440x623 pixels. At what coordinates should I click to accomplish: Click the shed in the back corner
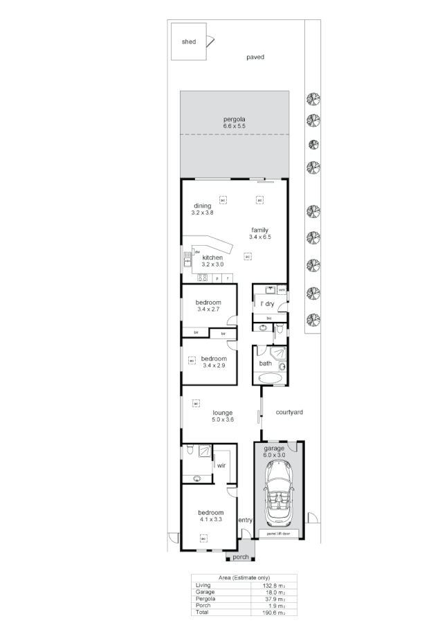[189, 42]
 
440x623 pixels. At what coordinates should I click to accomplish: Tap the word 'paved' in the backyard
[255, 57]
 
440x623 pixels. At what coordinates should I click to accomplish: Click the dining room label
[202, 206]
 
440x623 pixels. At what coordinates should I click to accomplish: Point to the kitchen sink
[187, 259]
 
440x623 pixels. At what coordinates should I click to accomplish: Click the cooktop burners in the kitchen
[203, 278]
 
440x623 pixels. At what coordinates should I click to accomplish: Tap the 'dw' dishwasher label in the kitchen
[197, 252]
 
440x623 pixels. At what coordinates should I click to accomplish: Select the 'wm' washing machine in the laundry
[282, 289]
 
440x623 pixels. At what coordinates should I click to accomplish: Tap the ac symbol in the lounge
[196, 403]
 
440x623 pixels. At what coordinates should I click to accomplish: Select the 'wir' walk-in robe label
[221, 466]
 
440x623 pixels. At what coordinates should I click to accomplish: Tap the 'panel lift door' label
[279, 534]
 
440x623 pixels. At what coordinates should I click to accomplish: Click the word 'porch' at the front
[240, 557]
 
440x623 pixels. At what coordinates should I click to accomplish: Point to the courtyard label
[289, 412]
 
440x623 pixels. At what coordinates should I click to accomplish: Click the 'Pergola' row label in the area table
[205, 599]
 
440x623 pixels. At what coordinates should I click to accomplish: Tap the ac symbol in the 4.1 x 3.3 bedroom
[203, 538]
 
